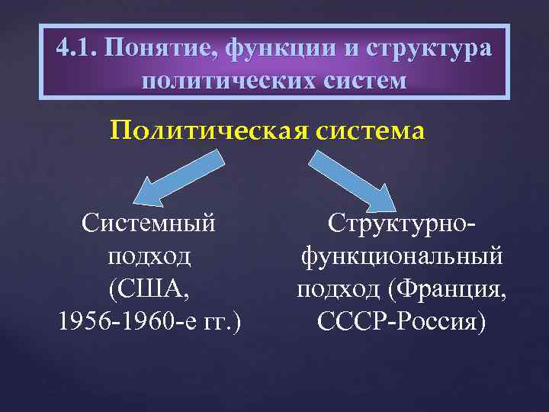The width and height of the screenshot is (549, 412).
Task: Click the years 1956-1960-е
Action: pos(125,321)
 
